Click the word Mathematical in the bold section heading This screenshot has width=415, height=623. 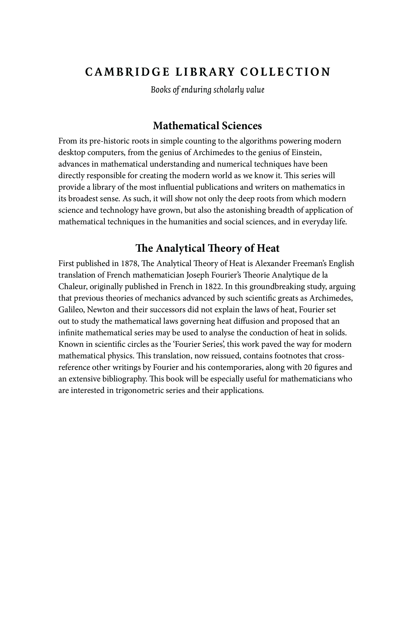pyautogui.click(x=186, y=126)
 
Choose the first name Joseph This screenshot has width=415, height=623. pyautogui.click(x=198, y=275)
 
